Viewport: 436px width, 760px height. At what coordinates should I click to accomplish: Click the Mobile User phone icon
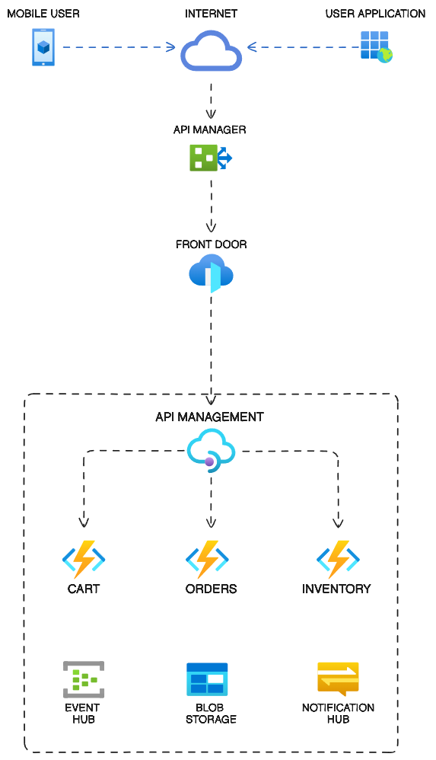pos(43,47)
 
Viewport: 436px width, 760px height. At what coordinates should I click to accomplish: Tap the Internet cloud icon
pos(212,51)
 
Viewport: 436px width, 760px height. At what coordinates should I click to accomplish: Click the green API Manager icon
pos(211,158)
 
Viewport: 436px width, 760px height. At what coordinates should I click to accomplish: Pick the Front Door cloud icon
pos(212,273)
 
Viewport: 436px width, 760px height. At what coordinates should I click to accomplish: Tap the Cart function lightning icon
pos(84,559)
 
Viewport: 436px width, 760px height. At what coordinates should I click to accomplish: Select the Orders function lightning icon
pos(207,559)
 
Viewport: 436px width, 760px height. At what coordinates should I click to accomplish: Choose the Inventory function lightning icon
pos(338,559)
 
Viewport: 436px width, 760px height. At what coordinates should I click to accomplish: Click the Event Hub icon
pos(84,679)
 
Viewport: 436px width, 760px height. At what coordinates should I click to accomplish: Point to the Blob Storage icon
pos(207,679)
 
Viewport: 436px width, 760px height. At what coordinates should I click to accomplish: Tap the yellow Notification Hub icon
pos(338,679)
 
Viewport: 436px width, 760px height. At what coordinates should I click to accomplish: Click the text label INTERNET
pos(212,14)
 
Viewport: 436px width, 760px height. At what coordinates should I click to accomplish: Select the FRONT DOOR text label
pos(212,244)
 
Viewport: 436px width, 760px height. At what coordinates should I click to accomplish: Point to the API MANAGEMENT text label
pos(209,417)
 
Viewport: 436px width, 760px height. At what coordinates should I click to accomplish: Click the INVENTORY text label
pos(336,589)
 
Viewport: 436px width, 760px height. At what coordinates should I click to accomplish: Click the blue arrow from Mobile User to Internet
pos(119,47)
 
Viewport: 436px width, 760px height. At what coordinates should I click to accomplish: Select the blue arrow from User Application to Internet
pos(304,47)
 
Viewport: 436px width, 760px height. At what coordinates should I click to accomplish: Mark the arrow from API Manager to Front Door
pos(212,206)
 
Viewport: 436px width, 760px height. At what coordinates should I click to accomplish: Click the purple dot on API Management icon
pos(209,462)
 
